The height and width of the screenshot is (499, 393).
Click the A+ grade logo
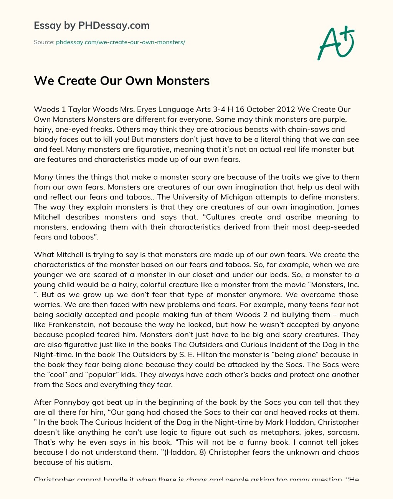click(x=335, y=43)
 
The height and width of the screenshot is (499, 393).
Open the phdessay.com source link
click(x=121, y=42)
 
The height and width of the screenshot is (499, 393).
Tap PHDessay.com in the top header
click(x=114, y=26)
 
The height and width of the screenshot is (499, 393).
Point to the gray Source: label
click(x=44, y=42)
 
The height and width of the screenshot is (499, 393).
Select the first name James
click(x=349, y=207)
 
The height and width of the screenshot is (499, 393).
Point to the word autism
click(x=99, y=462)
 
